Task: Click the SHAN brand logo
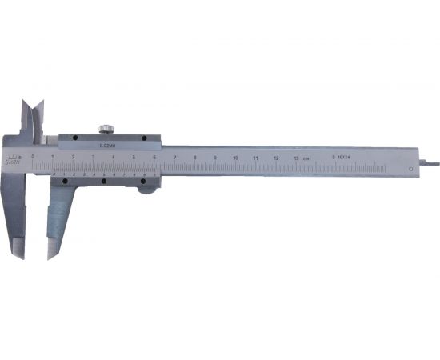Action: tap(15, 158)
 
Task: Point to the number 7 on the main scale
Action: tap(174, 157)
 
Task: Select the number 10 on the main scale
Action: tap(235, 158)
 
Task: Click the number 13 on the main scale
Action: tap(297, 158)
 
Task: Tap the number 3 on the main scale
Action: tap(93, 157)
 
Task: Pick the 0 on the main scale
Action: tap(32, 157)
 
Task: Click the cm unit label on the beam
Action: tap(308, 158)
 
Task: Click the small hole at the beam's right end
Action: tap(412, 167)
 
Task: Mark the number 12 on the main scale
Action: tap(276, 158)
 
